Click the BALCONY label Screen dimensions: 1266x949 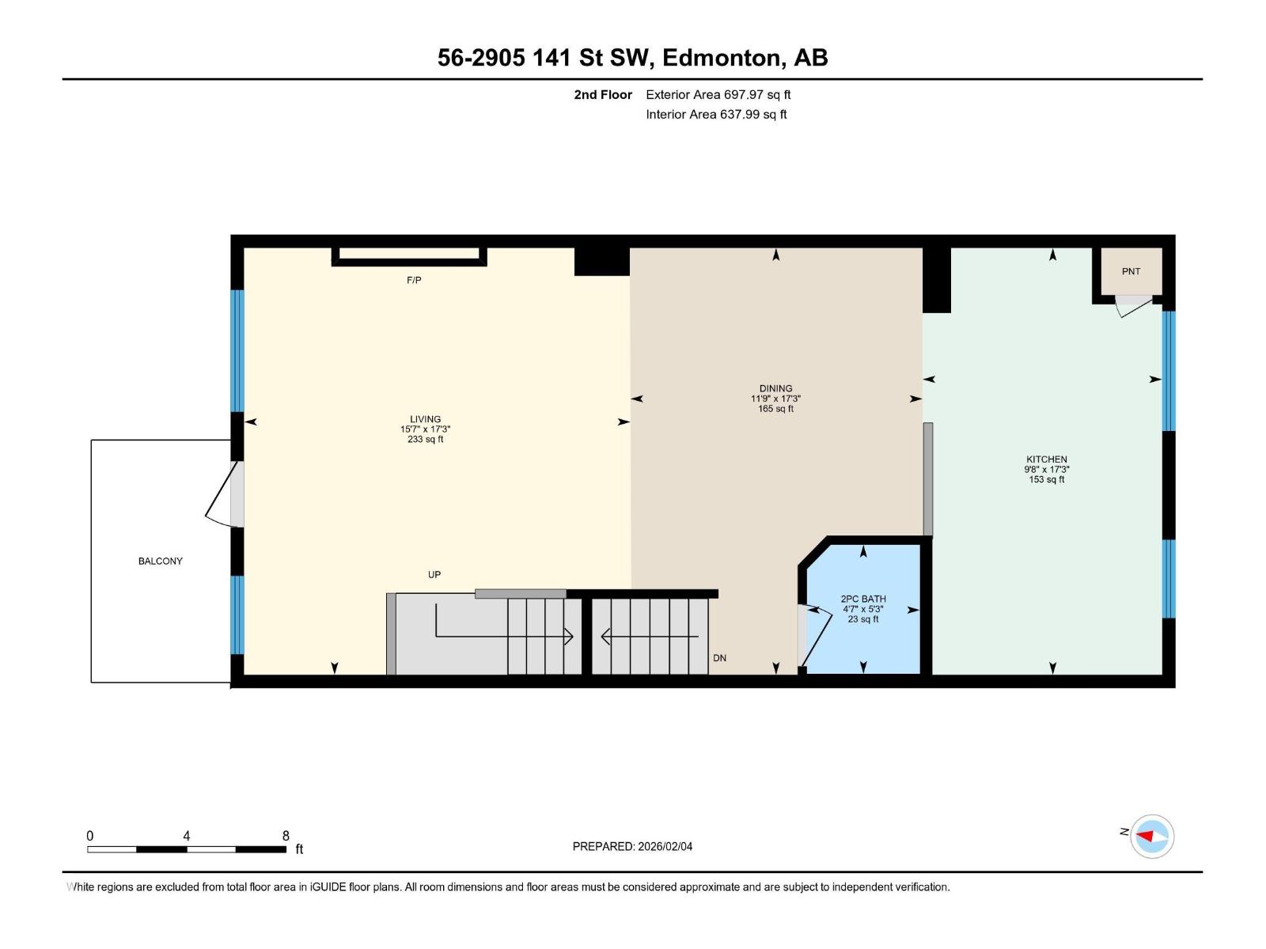[x=161, y=561]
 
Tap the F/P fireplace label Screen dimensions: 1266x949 [x=414, y=281]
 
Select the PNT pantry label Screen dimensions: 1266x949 [x=1131, y=271]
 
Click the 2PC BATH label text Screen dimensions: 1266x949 [x=862, y=599]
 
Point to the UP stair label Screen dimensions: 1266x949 [x=434, y=575]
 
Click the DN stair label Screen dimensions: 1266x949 [x=719, y=658]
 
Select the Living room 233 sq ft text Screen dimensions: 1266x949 [x=425, y=440]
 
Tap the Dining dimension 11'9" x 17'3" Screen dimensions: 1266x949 [x=775, y=399]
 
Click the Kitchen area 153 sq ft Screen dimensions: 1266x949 [x=1046, y=479]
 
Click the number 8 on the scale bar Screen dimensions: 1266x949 [x=286, y=835]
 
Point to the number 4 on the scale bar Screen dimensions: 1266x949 [x=186, y=835]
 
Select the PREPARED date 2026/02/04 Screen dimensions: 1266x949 [x=665, y=846]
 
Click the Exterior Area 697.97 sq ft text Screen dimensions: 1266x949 [x=718, y=94]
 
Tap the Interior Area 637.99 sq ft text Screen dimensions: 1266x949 [x=716, y=114]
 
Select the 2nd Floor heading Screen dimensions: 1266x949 [x=603, y=94]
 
